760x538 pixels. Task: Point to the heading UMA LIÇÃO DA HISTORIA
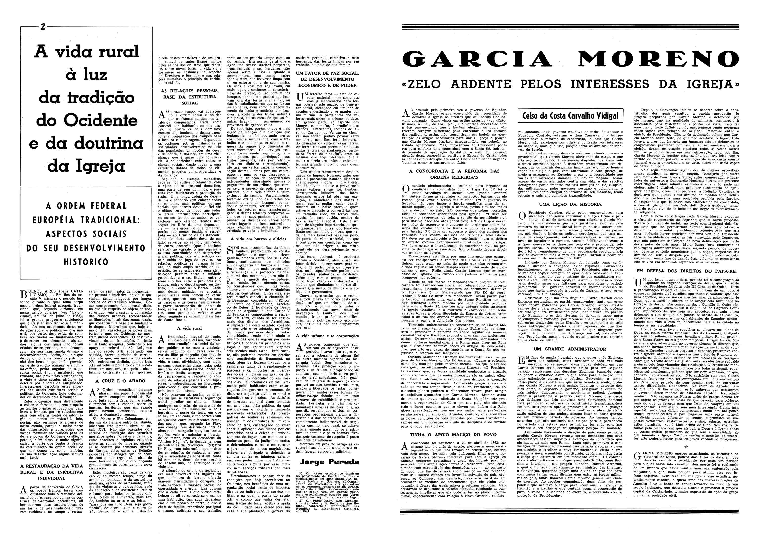(570, 205)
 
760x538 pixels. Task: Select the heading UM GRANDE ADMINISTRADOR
(570, 349)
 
